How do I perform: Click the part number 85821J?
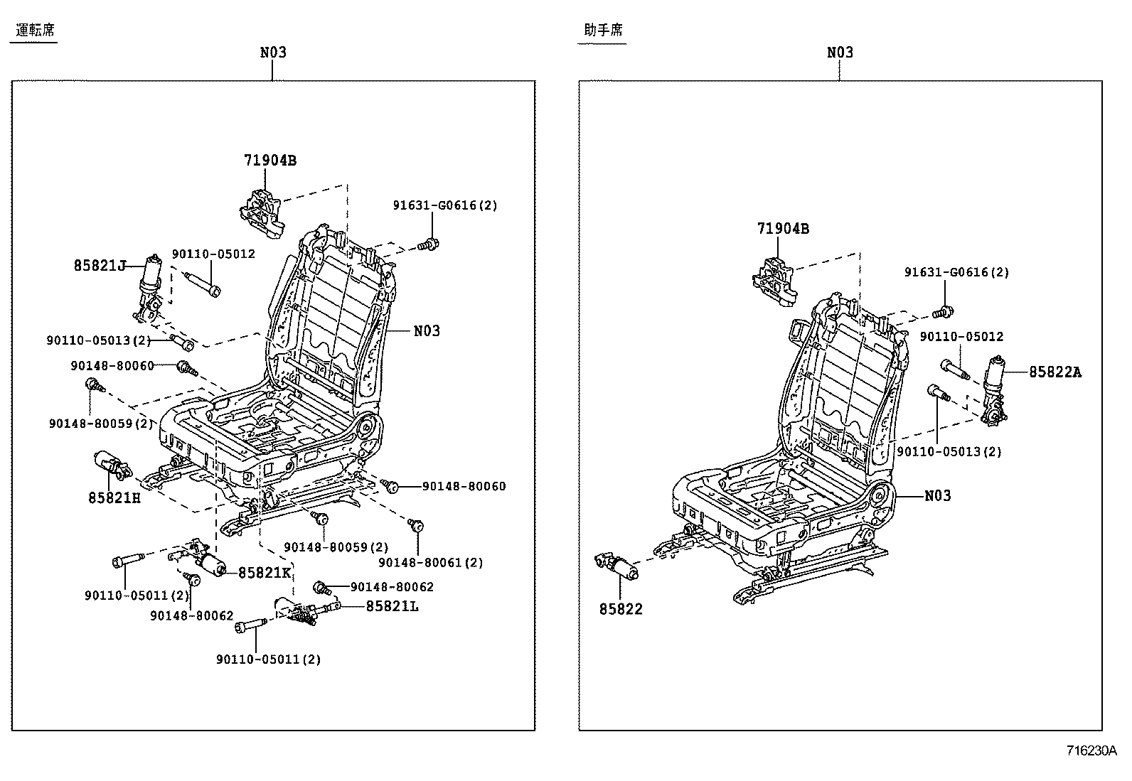[x=100, y=266]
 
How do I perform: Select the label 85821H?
[x=114, y=498]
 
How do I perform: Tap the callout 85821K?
[x=265, y=573]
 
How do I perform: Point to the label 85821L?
[x=393, y=606]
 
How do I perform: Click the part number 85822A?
[x=1054, y=372]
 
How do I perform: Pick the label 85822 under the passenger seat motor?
[x=621, y=609]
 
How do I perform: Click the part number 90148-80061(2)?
[x=431, y=562]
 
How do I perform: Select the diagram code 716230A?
[x=1091, y=750]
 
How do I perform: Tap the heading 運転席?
[x=35, y=30]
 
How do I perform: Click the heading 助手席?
[x=603, y=30]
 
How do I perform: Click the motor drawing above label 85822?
[x=616, y=566]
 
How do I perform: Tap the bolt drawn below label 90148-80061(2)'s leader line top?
[x=417, y=526]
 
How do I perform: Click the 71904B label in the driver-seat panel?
[x=270, y=161]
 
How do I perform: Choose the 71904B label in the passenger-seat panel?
[x=783, y=229]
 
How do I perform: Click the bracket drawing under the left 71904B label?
[x=262, y=210]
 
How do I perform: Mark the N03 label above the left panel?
[x=273, y=53]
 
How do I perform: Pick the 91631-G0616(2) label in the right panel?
[x=956, y=272]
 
